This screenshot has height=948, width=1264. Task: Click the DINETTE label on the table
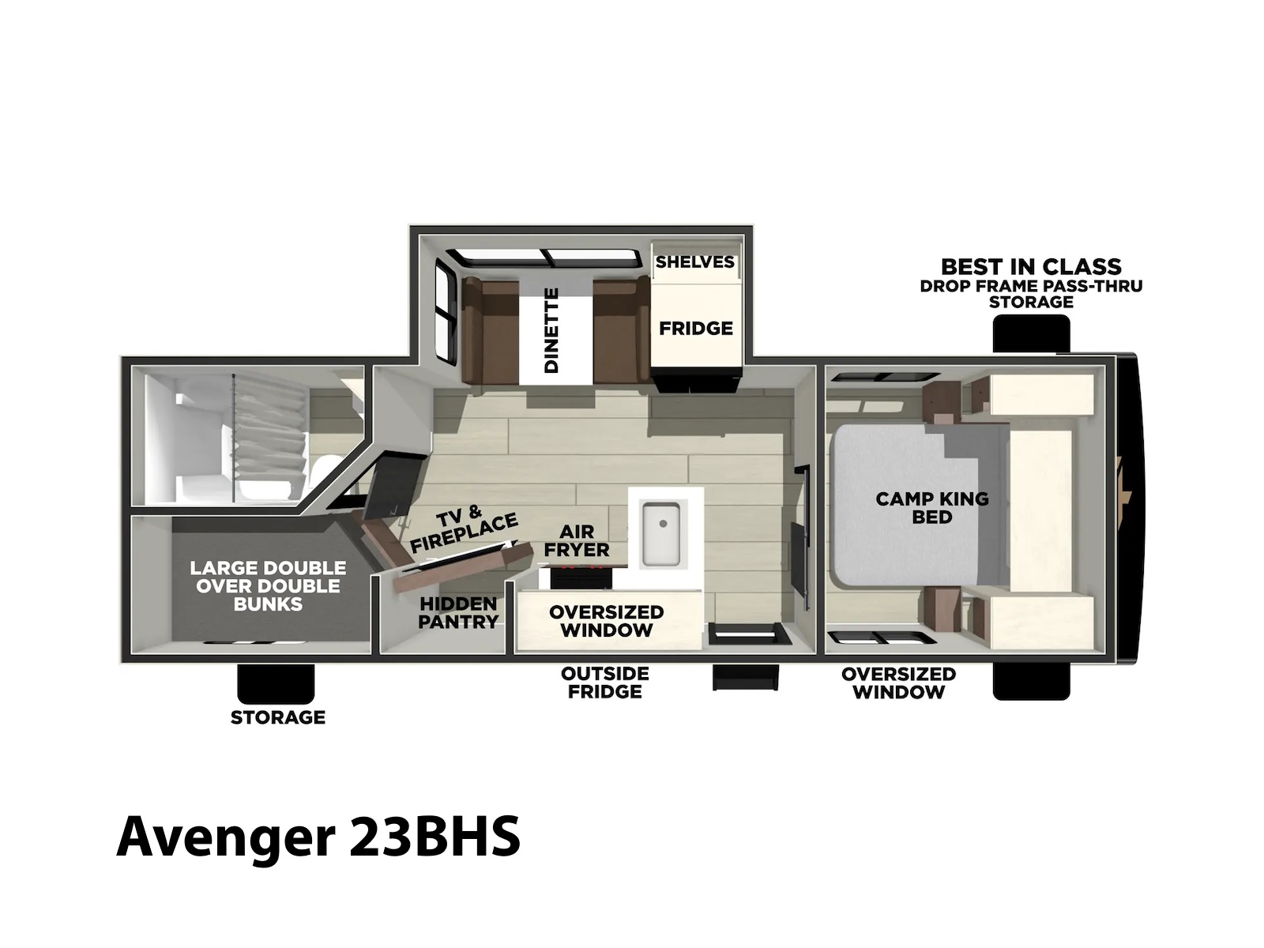[x=551, y=329]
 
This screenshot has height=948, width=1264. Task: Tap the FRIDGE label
[x=696, y=328]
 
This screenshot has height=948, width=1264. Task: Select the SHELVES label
[x=695, y=262]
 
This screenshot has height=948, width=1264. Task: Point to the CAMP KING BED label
[x=931, y=507]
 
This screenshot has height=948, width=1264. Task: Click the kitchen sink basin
[x=661, y=533]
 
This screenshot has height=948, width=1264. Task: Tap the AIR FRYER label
[x=577, y=540]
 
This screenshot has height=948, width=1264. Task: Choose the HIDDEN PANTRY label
[x=457, y=612]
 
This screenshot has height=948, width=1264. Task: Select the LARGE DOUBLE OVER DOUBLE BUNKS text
[x=269, y=585]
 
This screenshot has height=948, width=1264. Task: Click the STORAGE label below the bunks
[x=277, y=717]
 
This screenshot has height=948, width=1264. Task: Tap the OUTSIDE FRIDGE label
[x=604, y=682]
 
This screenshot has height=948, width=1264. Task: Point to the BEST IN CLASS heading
[x=1031, y=266]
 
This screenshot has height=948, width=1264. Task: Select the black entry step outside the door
[x=745, y=676]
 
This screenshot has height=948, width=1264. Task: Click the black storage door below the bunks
[x=276, y=684]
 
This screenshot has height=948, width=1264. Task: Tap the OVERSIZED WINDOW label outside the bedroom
[x=898, y=683]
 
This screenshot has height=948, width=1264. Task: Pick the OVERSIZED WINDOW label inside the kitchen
[x=607, y=620]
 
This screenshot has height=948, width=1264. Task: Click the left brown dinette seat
[x=490, y=329]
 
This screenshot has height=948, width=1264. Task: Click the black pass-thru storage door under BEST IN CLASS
[x=1031, y=333]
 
